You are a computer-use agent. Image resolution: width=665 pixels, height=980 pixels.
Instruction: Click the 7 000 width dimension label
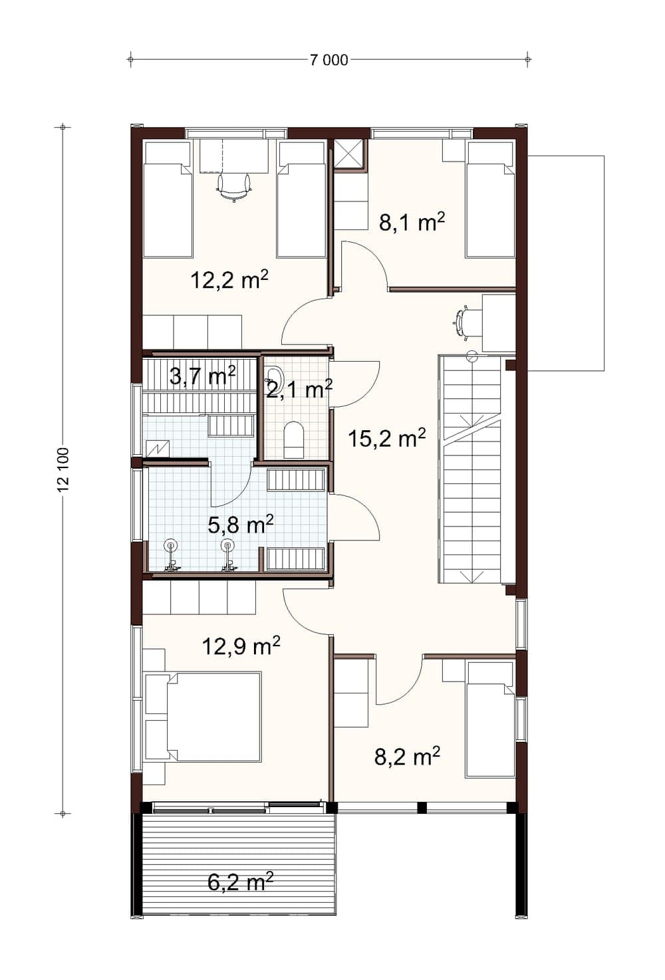pyautogui.click(x=329, y=60)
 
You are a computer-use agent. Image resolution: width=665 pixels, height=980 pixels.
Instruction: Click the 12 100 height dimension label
pyautogui.click(x=63, y=469)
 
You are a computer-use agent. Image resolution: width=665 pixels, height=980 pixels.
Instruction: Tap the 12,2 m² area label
pyautogui.click(x=229, y=280)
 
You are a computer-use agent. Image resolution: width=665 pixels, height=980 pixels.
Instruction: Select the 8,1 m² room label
pyautogui.click(x=412, y=222)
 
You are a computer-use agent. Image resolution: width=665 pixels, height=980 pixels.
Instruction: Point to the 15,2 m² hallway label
pyautogui.click(x=387, y=438)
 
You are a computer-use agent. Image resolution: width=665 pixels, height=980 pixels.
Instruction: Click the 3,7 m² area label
pyautogui.click(x=203, y=375)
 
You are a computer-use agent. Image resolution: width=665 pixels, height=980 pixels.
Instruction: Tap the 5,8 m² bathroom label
pyautogui.click(x=241, y=524)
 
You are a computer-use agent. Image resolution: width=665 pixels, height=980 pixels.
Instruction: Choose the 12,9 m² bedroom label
pyautogui.click(x=241, y=646)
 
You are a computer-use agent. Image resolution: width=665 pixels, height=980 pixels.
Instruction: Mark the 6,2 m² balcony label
pyautogui.click(x=240, y=881)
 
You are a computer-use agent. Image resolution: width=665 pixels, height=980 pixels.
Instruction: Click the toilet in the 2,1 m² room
pyautogui.click(x=293, y=439)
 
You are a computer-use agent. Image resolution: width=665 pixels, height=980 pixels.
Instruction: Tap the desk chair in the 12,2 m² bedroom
pyautogui.click(x=234, y=187)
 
